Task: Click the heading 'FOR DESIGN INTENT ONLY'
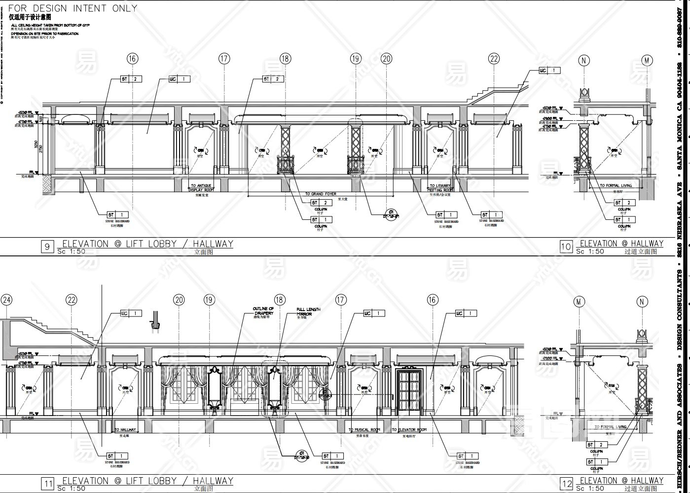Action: pos(73,8)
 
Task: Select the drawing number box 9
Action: pos(47,246)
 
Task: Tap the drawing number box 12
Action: pos(567,485)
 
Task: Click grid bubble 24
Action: pos(6,300)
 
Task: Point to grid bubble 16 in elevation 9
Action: pos(132,59)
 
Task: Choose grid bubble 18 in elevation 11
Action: pos(280,300)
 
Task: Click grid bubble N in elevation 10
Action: pos(584,61)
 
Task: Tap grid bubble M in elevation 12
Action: pos(579,302)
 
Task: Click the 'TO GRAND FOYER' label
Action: pos(321,194)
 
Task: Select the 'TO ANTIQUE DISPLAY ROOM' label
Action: pos(202,188)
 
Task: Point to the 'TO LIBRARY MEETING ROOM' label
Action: pos(440,188)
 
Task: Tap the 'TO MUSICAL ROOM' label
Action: pos(364,430)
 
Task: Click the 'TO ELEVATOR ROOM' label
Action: pos(409,430)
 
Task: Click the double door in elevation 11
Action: pos(408,392)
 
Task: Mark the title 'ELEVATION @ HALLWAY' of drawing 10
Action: pos(621,244)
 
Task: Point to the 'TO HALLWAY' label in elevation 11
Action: pos(125,430)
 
